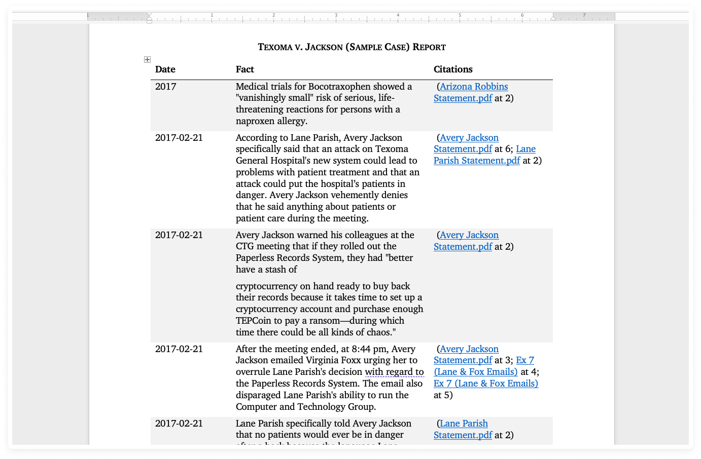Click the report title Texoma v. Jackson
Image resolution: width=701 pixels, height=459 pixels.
point(352,47)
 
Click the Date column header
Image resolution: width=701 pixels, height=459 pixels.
point(165,69)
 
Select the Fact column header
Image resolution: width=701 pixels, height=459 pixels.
point(245,69)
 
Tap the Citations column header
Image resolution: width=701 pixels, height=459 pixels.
point(453,69)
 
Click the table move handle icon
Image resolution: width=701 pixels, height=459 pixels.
point(147,60)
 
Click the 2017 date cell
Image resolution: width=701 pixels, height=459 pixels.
point(166,87)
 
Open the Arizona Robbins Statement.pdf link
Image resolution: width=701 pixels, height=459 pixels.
point(473,87)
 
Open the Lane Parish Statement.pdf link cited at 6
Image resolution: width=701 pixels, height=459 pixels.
point(477,161)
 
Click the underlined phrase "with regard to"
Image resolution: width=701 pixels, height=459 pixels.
point(394,372)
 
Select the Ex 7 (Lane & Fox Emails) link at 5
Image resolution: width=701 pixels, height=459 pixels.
point(485,384)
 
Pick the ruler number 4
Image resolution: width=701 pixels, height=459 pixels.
point(398,15)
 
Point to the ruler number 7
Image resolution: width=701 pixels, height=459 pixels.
point(584,15)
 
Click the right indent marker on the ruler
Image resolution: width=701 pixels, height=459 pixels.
point(553,18)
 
